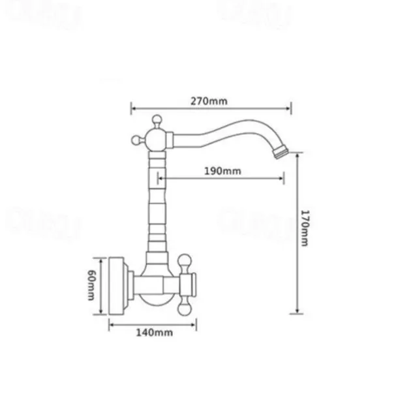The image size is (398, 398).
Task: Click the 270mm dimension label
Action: coord(209,101)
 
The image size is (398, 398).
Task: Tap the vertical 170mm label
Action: coord(305,228)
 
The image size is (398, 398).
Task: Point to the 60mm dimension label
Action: coord(93,285)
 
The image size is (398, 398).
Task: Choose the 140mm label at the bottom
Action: coord(154,333)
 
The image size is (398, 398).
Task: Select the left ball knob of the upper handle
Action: coord(136,138)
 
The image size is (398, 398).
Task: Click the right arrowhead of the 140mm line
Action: coord(196,324)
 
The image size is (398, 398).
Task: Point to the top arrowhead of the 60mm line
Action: coord(102,257)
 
